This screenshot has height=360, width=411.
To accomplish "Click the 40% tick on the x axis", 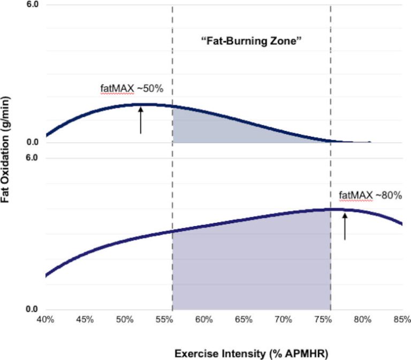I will tap(45, 319).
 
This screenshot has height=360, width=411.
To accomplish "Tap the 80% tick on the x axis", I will tap(362, 319).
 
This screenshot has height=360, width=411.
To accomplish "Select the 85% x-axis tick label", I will tap(401, 319).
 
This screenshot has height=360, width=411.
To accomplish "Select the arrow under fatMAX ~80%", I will tap(345, 226).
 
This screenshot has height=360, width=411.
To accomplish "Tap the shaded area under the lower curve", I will tap(252, 267).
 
